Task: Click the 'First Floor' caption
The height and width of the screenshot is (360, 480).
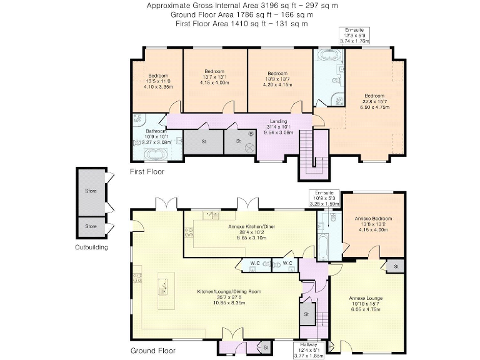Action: pos(147,171)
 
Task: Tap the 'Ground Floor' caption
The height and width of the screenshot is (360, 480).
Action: pos(152,351)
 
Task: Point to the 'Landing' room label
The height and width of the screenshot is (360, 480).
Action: pos(278,121)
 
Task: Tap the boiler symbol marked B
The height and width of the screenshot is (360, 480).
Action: pos(251,134)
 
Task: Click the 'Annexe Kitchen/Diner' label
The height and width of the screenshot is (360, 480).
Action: pos(249,226)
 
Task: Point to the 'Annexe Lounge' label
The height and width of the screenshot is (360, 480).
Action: pos(367,299)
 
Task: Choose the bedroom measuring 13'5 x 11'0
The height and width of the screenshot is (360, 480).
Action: pos(158,81)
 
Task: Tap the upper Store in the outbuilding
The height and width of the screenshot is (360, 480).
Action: pos(92,191)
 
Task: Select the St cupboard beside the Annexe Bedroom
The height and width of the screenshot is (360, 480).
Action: pos(396,267)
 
